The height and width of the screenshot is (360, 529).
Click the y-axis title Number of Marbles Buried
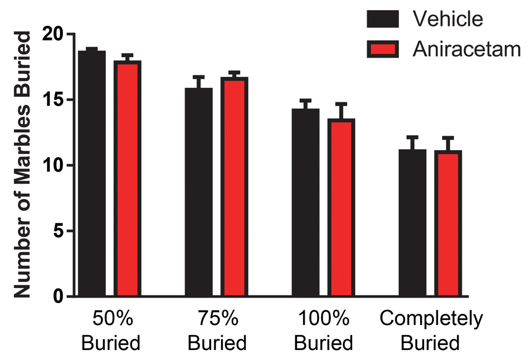coord(22,165)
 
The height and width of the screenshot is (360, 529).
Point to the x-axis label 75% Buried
coord(217,331)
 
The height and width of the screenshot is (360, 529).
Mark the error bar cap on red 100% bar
coord(341,104)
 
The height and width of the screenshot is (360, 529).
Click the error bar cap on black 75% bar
coord(198,77)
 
